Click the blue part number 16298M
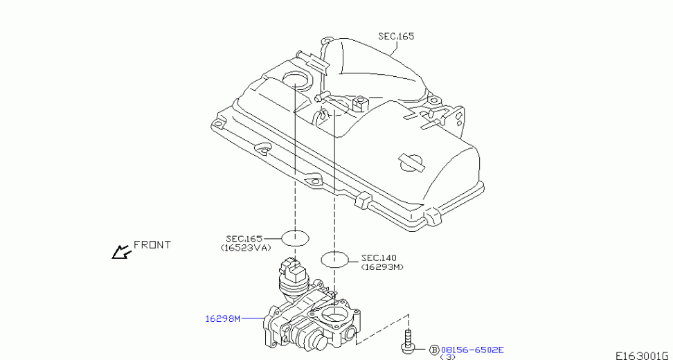222,319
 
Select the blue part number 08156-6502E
472,350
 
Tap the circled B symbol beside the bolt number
434,350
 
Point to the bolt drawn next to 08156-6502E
407,340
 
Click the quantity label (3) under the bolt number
448,357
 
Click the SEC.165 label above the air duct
396,37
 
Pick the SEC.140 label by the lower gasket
379,258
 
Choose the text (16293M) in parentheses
382,267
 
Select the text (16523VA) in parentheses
246,248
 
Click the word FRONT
152,245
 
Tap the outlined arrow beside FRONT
120,252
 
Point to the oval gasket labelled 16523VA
295,238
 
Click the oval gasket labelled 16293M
335,259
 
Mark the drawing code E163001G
644,356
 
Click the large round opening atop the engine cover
296,81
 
